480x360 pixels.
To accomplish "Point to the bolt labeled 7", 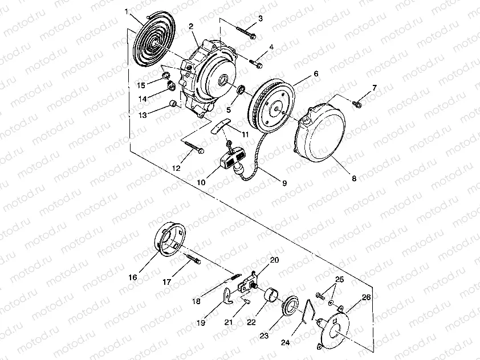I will [x=358, y=103].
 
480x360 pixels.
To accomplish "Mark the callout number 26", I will [x=365, y=297].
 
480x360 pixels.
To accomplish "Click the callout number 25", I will [x=340, y=280].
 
